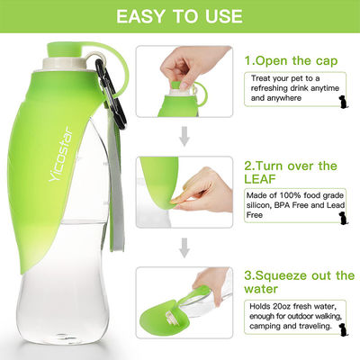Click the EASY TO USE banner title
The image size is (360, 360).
pos(179,16)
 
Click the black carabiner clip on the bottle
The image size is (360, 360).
pos(110,94)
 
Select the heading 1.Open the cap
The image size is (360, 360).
pos(291,61)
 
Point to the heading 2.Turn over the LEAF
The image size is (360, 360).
pos(291,172)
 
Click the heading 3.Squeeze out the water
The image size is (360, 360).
pos(299,282)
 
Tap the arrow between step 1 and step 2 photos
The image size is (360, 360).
pos(184,136)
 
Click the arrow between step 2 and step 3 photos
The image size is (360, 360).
pos(184,247)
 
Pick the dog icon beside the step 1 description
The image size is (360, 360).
pos(343,102)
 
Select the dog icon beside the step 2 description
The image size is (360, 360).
pos(343,218)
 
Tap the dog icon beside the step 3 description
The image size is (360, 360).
pos(343,329)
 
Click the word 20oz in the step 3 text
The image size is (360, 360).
pos(281,306)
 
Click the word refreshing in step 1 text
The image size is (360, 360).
pos(268,88)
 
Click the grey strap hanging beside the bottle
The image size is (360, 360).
pos(116,180)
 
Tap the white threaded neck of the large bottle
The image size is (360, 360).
pos(64,64)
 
